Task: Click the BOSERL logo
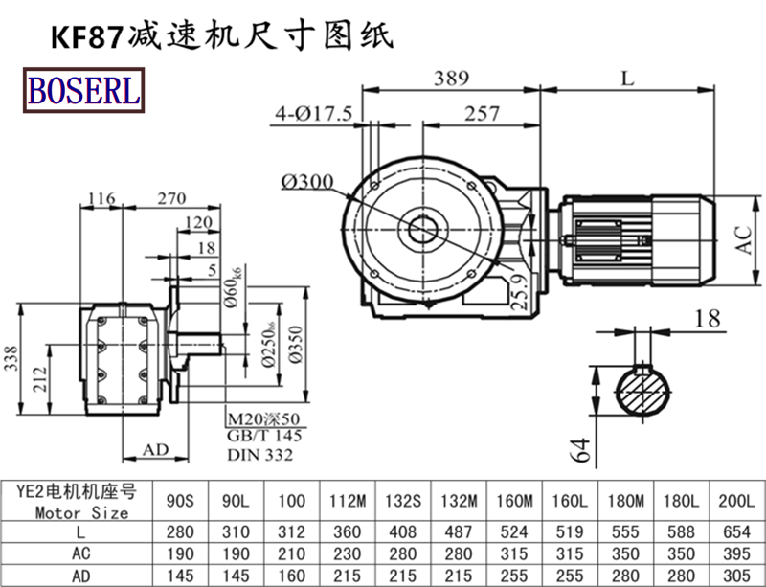point(83,90)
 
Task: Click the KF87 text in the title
point(85,37)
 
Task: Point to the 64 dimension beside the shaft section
point(580,448)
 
